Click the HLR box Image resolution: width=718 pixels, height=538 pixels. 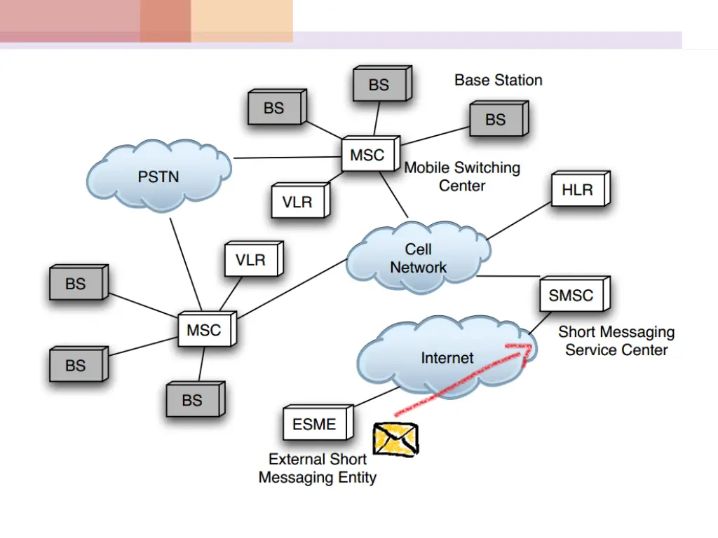pos(578,189)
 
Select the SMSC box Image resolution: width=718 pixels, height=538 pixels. pos(571,296)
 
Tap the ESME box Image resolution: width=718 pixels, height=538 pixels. pos(314,424)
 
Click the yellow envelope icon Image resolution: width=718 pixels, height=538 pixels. pos(395,439)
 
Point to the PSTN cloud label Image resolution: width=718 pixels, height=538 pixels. pos(158,177)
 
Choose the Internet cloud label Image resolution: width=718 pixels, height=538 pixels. pos(447,358)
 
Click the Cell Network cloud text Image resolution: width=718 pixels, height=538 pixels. pos(419,258)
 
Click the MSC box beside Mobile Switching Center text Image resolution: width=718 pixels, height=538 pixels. pos(367,155)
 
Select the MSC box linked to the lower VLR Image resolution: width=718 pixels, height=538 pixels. pos(203,330)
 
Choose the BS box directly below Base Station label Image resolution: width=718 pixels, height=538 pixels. pos(495,120)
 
